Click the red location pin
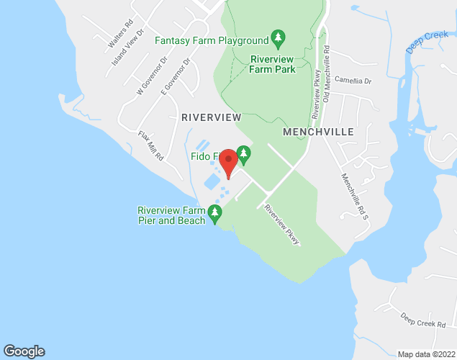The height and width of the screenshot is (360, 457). (228, 161)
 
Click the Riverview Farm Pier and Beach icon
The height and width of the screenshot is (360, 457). (214, 214)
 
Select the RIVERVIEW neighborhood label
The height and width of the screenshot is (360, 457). (211, 117)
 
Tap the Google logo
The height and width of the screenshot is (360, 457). (24, 351)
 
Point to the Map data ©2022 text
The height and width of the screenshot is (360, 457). (425, 354)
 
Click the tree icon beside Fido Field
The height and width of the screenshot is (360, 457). (244, 153)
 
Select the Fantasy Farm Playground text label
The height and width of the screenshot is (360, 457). (212, 40)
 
